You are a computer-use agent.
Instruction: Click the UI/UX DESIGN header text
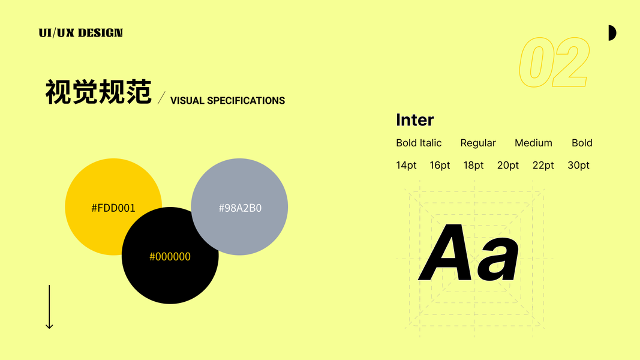coord(81,32)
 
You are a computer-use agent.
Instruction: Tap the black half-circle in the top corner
coord(612,33)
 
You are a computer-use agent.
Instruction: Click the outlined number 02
coord(554,62)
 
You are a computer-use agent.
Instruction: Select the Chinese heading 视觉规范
coord(98,92)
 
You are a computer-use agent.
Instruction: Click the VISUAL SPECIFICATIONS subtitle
coord(227,100)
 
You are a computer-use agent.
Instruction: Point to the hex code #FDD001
coord(113,208)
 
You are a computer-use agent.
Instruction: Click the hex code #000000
coord(170,257)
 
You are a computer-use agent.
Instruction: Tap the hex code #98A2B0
coord(240,208)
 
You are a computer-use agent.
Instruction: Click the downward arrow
coord(49,307)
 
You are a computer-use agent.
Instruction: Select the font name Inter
coord(414,120)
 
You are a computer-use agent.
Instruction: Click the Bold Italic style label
coord(419,143)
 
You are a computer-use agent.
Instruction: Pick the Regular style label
coord(478,143)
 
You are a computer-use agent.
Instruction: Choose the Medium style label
coord(533,143)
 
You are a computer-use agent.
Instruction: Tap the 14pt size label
coord(406,166)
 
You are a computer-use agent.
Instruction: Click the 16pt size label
coord(440,166)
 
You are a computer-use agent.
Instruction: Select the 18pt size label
coord(473,166)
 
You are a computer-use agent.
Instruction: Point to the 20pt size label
coord(508,166)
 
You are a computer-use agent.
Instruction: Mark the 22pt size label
coord(543,166)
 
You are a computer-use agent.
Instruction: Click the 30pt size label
coord(578,166)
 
